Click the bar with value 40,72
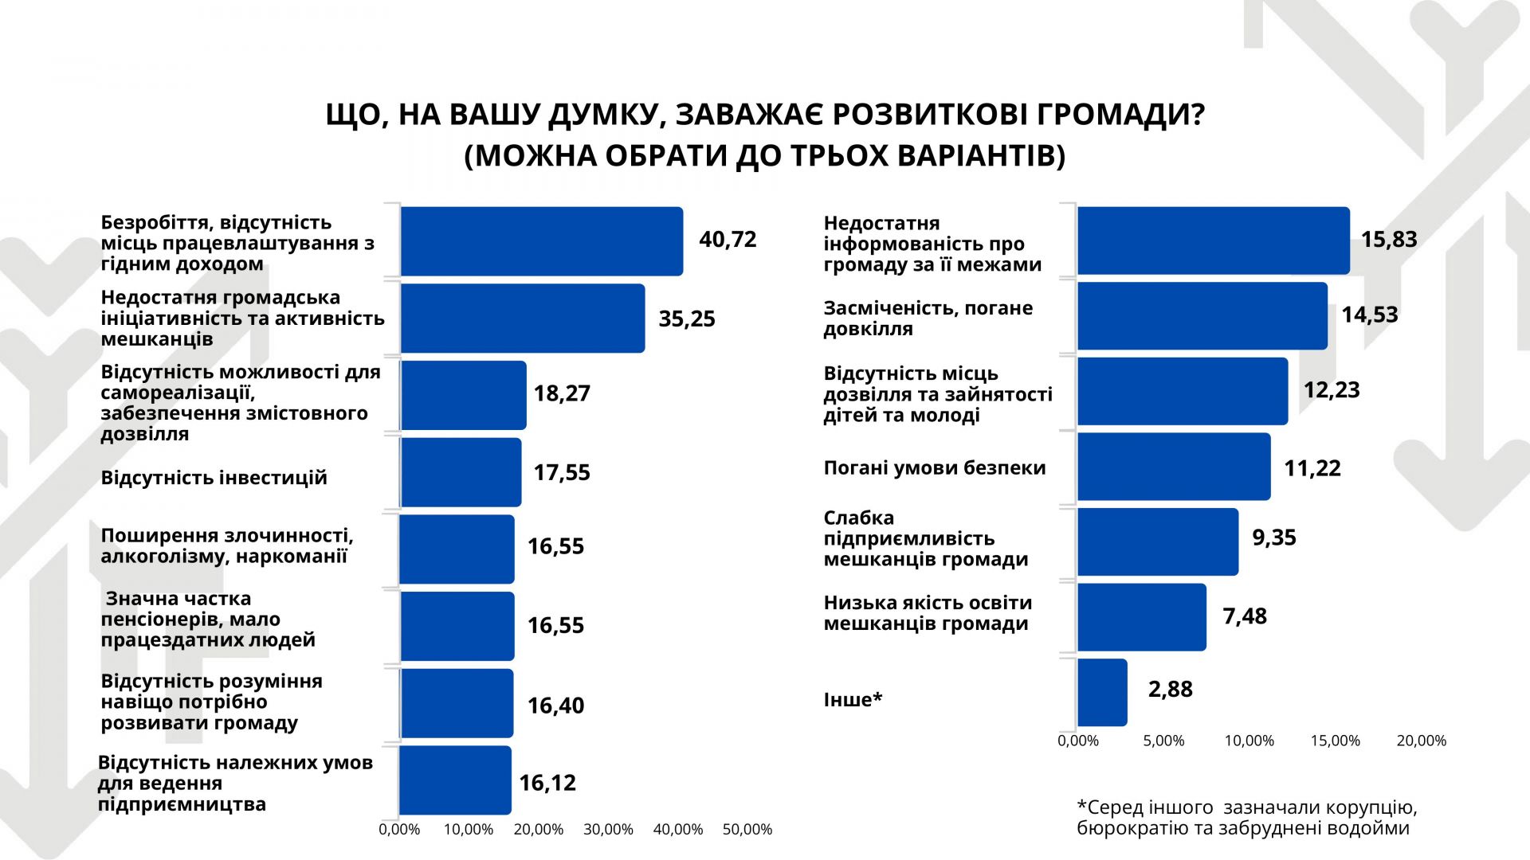pyautogui.click(x=541, y=241)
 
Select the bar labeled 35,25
pyautogui.click(x=522, y=318)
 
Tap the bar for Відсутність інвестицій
pyautogui.click(x=461, y=472)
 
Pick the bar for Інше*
pyautogui.click(x=1102, y=692)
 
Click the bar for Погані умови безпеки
pyautogui.click(x=1174, y=467)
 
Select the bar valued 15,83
pyautogui.click(x=1213, y=240)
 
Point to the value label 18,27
pyautogui.click(x=562, y=393)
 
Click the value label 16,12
pyautogui.click(x=547, y=783)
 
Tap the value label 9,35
pyautogui.click(x=1273, y=537)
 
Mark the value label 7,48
pyautogui.click(x=1245, y=616)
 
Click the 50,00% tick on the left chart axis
pyautogui.click(x=747, y=830)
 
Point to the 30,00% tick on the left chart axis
pyautogui.click(x=608, y=830)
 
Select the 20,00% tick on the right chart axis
pyautogui.click(x=1421, y=741)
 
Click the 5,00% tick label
pyautogui.click(x=1163, y=741)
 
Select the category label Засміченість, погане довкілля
pyautogui.click(x=928, y=318)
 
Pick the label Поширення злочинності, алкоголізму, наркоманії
pyautogui.click(x=226, y=545)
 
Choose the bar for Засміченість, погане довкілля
pyautogui.click(x=1202, y=316)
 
